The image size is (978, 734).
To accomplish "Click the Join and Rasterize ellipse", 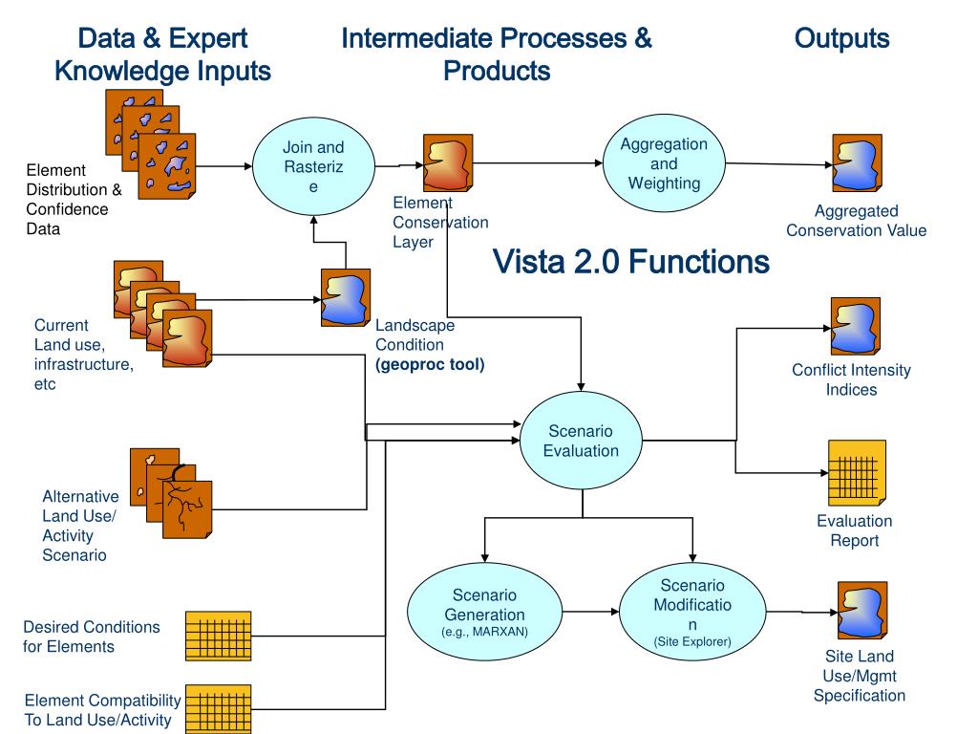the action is point(313,166).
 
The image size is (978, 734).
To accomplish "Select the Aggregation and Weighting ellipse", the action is point(664,163).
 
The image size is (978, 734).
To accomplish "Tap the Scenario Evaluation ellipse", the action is point(581,441).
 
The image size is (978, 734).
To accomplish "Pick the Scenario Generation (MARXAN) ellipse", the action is point(484,612).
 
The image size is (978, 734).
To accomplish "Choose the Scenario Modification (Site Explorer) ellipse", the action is point(692,612).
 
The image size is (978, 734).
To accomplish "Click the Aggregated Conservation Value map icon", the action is point(857,162).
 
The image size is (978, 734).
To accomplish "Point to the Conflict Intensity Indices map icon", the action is point(855,326).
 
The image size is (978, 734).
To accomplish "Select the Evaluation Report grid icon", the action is point(857,472).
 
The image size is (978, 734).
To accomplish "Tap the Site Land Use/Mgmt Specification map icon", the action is point(862,610).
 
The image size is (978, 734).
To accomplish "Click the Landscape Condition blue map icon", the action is point(346,298).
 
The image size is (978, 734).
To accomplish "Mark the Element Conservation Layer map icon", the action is point(448,162).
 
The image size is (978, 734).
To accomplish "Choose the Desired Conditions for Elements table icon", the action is point(219,636).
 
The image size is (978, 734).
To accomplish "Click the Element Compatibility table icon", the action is point(219,709).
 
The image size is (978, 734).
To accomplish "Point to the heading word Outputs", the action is point(841,38).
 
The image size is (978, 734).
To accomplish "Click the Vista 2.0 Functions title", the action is point(630,261).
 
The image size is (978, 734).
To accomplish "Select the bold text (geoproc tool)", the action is point(430,364).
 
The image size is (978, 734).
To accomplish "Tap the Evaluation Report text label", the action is point(855,530).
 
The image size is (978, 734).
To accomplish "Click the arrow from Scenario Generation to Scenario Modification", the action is point(590,612).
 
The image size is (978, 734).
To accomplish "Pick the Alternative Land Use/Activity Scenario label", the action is point(80,526).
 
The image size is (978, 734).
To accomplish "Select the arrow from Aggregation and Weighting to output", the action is point(779,164).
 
